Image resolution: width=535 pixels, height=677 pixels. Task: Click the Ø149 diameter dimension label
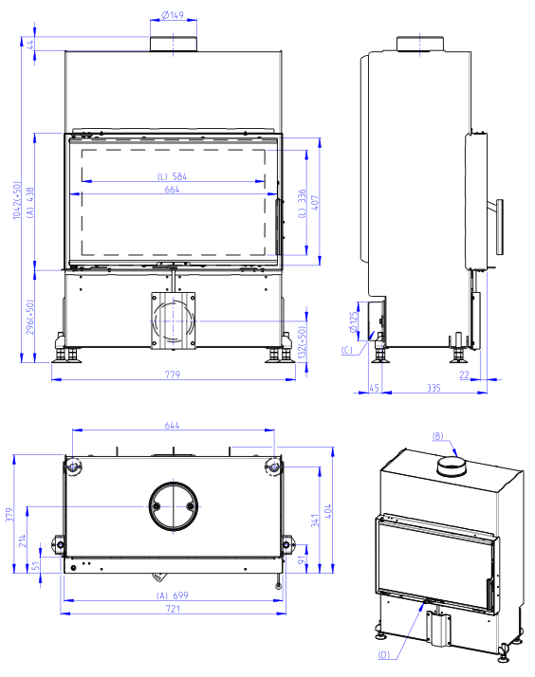(x=173, y=14)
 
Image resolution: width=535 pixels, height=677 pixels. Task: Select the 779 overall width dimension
(x=173, y=375)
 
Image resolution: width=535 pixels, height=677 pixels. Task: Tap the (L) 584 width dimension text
(x=172, y=176)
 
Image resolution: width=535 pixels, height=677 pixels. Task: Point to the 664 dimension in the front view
(x=172, y=189)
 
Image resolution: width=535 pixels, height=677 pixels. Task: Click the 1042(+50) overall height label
(x=17, y=200)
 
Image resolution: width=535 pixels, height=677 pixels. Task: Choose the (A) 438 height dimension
(x=29, y=203)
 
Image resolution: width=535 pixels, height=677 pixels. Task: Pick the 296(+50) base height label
(x=29, y=318)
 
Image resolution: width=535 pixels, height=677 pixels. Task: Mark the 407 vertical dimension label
(x=315, y=203)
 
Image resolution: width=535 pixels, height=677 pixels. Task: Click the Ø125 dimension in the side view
(x=354, y=322)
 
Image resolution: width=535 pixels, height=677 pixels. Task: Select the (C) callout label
(x=347, y=350)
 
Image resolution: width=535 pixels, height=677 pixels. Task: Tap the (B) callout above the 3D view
(x=438, y=436)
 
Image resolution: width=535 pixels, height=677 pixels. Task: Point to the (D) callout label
(x=384, y=655)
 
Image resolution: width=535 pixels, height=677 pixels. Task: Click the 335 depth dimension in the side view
(x=434, y=388)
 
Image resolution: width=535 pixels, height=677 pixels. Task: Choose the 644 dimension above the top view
(x=172, y=426)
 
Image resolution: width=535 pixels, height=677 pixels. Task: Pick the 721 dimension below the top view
(x=173, y=609)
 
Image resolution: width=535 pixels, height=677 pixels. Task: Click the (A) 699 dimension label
(x=173, y=595)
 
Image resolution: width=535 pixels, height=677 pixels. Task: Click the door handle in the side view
(x=499, y=228)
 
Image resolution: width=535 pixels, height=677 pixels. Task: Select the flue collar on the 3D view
(x=452, y=467)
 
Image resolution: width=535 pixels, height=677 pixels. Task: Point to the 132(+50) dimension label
(x=302, y=342)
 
